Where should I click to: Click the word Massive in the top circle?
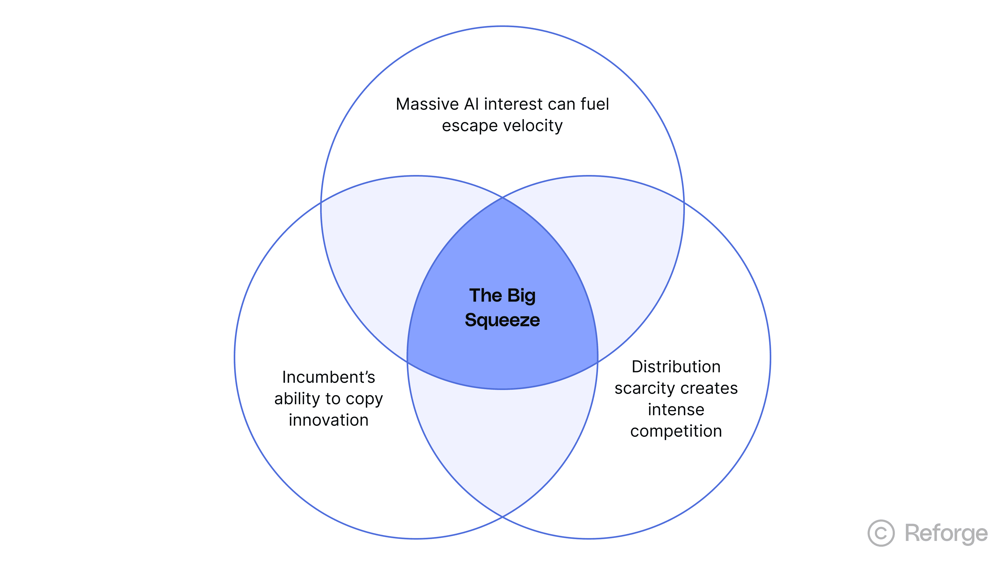427,105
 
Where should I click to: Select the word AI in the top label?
472,105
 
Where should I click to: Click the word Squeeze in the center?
502,320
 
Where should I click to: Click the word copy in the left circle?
364,399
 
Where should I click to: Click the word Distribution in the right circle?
676,367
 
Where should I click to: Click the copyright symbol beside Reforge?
881,533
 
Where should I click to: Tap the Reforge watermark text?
946,533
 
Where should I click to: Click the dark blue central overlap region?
502,351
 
